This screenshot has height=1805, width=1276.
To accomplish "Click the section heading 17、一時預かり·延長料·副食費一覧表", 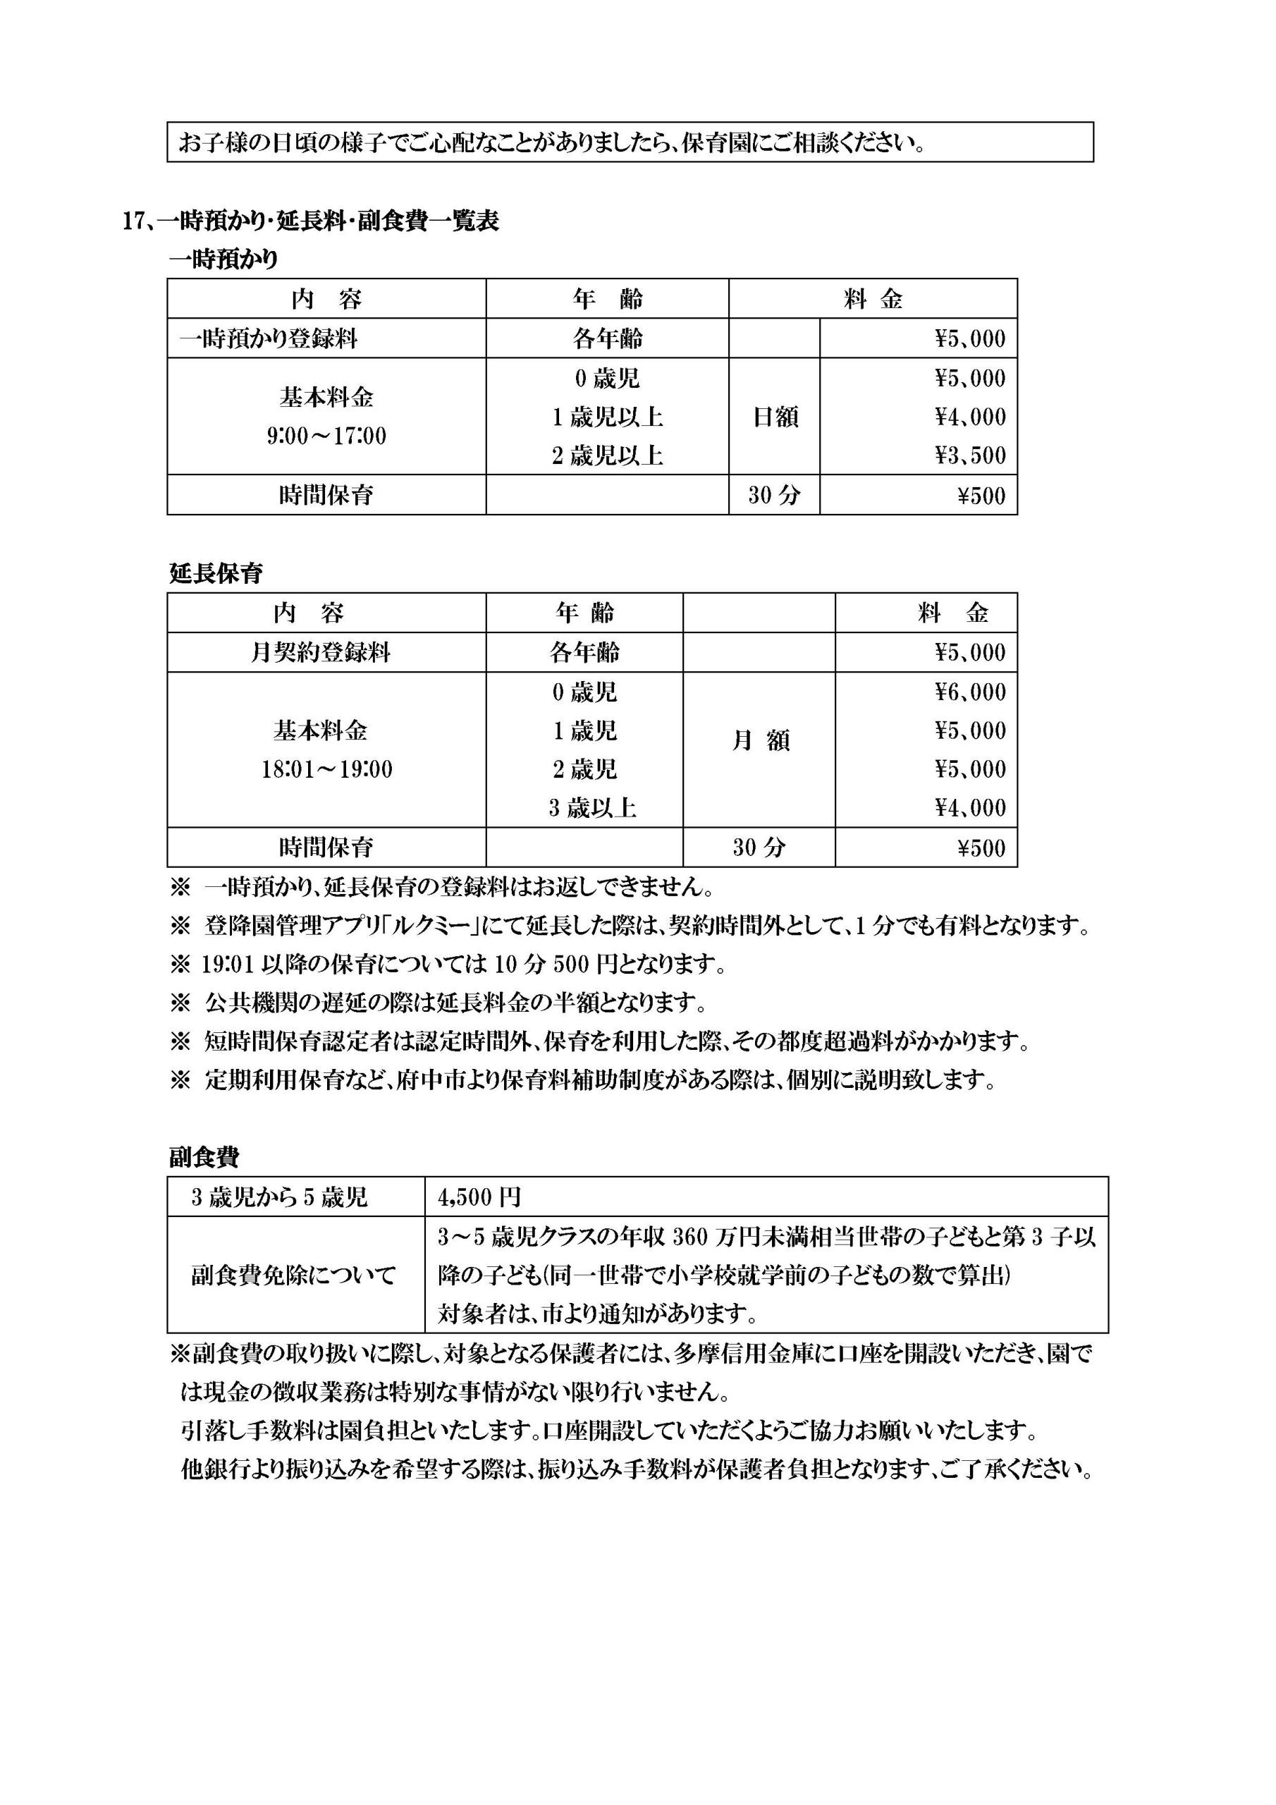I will (x=311, y=221).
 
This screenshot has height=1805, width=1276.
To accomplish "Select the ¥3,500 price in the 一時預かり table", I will (x=970, y=456).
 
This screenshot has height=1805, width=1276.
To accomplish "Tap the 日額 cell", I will (x=775, y=417).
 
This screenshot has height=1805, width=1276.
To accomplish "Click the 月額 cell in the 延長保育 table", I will (x=760, y=741).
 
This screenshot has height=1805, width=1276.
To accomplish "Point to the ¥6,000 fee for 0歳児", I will (x=970, y=692).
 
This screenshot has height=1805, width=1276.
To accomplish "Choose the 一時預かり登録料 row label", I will (x=269, y=339).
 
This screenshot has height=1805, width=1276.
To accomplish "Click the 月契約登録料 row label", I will (x=320, y=652).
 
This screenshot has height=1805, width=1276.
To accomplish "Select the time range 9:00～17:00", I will (x=326, y=436).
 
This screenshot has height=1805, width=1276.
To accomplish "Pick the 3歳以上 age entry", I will (x=592, y=808).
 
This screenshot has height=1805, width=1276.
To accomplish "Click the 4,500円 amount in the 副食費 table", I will (x=479, y=1197).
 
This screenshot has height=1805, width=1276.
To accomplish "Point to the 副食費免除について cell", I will (x=293, y=1275).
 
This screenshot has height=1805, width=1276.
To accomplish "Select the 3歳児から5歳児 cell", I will (x=280, y=1197).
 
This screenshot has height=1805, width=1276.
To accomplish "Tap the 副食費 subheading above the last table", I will (x=204, y=1157).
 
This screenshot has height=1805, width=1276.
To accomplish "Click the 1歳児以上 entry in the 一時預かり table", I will (x=607, y=417).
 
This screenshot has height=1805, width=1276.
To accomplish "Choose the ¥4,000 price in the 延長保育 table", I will (x=970, y=808).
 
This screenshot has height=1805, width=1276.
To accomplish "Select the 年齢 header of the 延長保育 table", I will (x=585, y=613).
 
